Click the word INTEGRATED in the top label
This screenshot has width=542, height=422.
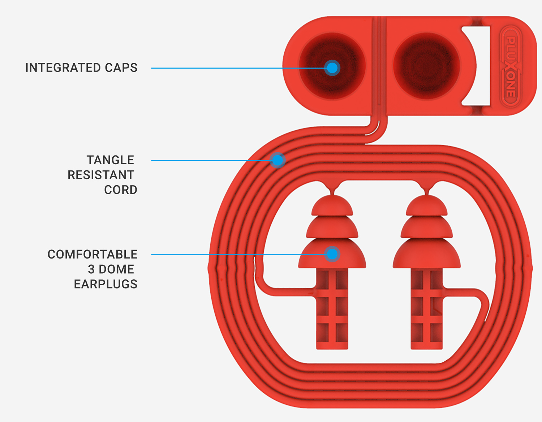pyautogui.click(x=63, y=68)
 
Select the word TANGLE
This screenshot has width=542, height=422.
pyautogui.click(x=110, y=160)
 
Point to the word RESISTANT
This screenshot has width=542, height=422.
pyautogui.click(x=101, y=175)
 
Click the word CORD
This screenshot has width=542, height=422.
pyautogui.click(x=121, y=190)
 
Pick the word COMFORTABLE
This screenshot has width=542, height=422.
pyautogui.click(x=93, y=254)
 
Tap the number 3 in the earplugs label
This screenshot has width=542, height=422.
pyautogui.click(x=91, y=269)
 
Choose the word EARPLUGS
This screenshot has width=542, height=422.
pyautogui.click(x=106, y=284)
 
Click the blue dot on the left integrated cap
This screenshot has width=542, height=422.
pyautogui.click(x=332, y=68)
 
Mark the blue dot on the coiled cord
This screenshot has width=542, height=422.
pyautogui.click(x=278, y=160)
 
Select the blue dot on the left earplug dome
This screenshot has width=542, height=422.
pyautogui.click(x=332, y=254)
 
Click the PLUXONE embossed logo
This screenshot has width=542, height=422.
pyautogui.click(x=510, y=66)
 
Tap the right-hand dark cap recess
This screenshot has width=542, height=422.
pyautogui.click(x=426, y=66)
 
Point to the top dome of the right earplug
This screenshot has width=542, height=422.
pyautogui.click(x=427, y=206)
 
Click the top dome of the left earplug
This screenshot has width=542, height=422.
pyautogui.click(x=332, y=206)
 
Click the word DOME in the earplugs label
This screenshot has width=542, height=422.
pyautogui.click(x=116, y=269)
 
